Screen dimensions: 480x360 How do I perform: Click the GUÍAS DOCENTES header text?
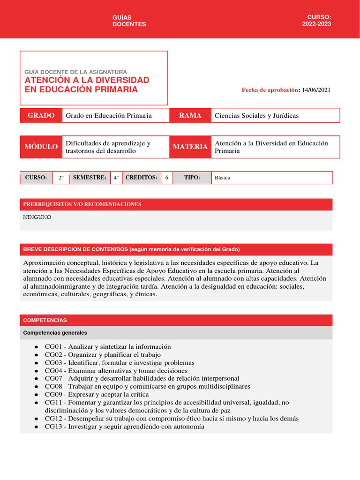click(129, 21)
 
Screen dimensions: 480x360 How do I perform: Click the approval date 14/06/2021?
click(316, 90)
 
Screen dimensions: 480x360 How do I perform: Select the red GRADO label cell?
click(41, 115)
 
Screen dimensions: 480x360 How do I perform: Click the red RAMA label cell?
click(190, 115)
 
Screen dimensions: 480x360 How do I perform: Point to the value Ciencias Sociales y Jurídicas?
click(256, 116)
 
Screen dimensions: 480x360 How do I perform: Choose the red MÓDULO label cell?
click(41, 147)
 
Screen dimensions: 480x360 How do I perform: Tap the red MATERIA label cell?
click(190, 147)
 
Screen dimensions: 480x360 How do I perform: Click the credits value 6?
click(167, 178)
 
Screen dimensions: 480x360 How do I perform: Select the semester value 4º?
click(116, 178)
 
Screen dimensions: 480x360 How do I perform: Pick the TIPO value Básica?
click(223, 178)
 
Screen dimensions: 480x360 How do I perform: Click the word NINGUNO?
click(37, 217)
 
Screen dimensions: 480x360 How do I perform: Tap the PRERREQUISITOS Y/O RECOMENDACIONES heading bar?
click(176, 204)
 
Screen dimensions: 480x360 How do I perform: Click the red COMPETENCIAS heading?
click(45, 320)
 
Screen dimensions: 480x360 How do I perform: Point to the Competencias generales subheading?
click(55, 333)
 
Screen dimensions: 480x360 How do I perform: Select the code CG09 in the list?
click(53, 395)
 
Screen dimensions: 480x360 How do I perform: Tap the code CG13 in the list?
click(53, 427)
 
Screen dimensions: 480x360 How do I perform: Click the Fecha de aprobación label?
click(270, 90)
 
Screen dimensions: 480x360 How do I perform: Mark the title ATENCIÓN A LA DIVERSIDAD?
click(87, 80)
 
